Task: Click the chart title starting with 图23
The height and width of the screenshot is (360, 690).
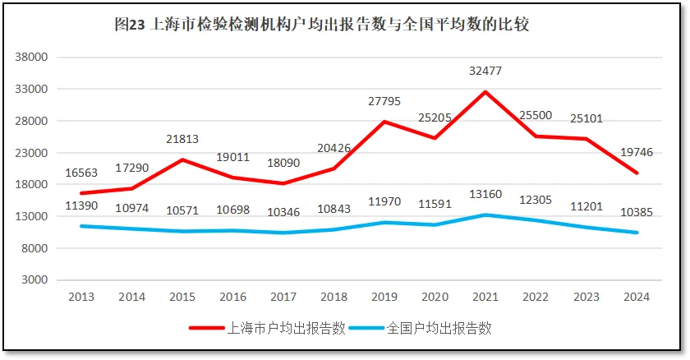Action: pyautogui.click(x=321, y=25)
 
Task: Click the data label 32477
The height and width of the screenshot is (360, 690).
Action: pyautogui.click(x=485, y=72)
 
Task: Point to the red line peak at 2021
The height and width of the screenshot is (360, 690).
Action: pyautogui.click(x=485, y=91)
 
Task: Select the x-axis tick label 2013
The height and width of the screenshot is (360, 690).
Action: pyautogui.click(x=80, y=297)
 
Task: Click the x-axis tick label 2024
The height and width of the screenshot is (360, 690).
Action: pyautogui.click(x=637, y=297)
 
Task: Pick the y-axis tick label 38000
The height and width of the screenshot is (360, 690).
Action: pyautogui.click(x=34, y=58)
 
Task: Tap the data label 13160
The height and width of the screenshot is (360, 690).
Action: pyautogui.click(x=485, y=196)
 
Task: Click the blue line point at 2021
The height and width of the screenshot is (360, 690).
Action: pyautogui.click(x=485, y=215)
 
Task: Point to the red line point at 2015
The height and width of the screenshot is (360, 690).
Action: pyautogui.click(x=182, y=159)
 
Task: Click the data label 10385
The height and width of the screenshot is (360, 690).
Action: pyautogui.click(x=637, y=213)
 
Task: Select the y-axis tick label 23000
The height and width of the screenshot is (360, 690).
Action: pyautogui.click(x=34, y=153)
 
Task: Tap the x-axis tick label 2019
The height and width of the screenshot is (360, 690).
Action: pyautogui.click(x=384, y=297)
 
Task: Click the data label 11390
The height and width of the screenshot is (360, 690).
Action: pyautogui.click(x=81, y=206)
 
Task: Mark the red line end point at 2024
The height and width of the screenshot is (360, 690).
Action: pyautogui.click(x=637, y=173)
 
